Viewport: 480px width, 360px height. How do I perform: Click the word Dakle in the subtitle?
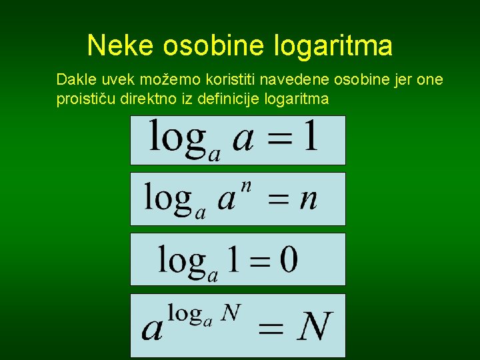point(75,80)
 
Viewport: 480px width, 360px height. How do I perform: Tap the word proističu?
point(85,99)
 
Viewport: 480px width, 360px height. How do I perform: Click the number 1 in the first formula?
point(308,137)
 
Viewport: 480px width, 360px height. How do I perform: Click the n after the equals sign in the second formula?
point(308,199)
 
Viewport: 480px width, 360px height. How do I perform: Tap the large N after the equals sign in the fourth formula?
point(314,327)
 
